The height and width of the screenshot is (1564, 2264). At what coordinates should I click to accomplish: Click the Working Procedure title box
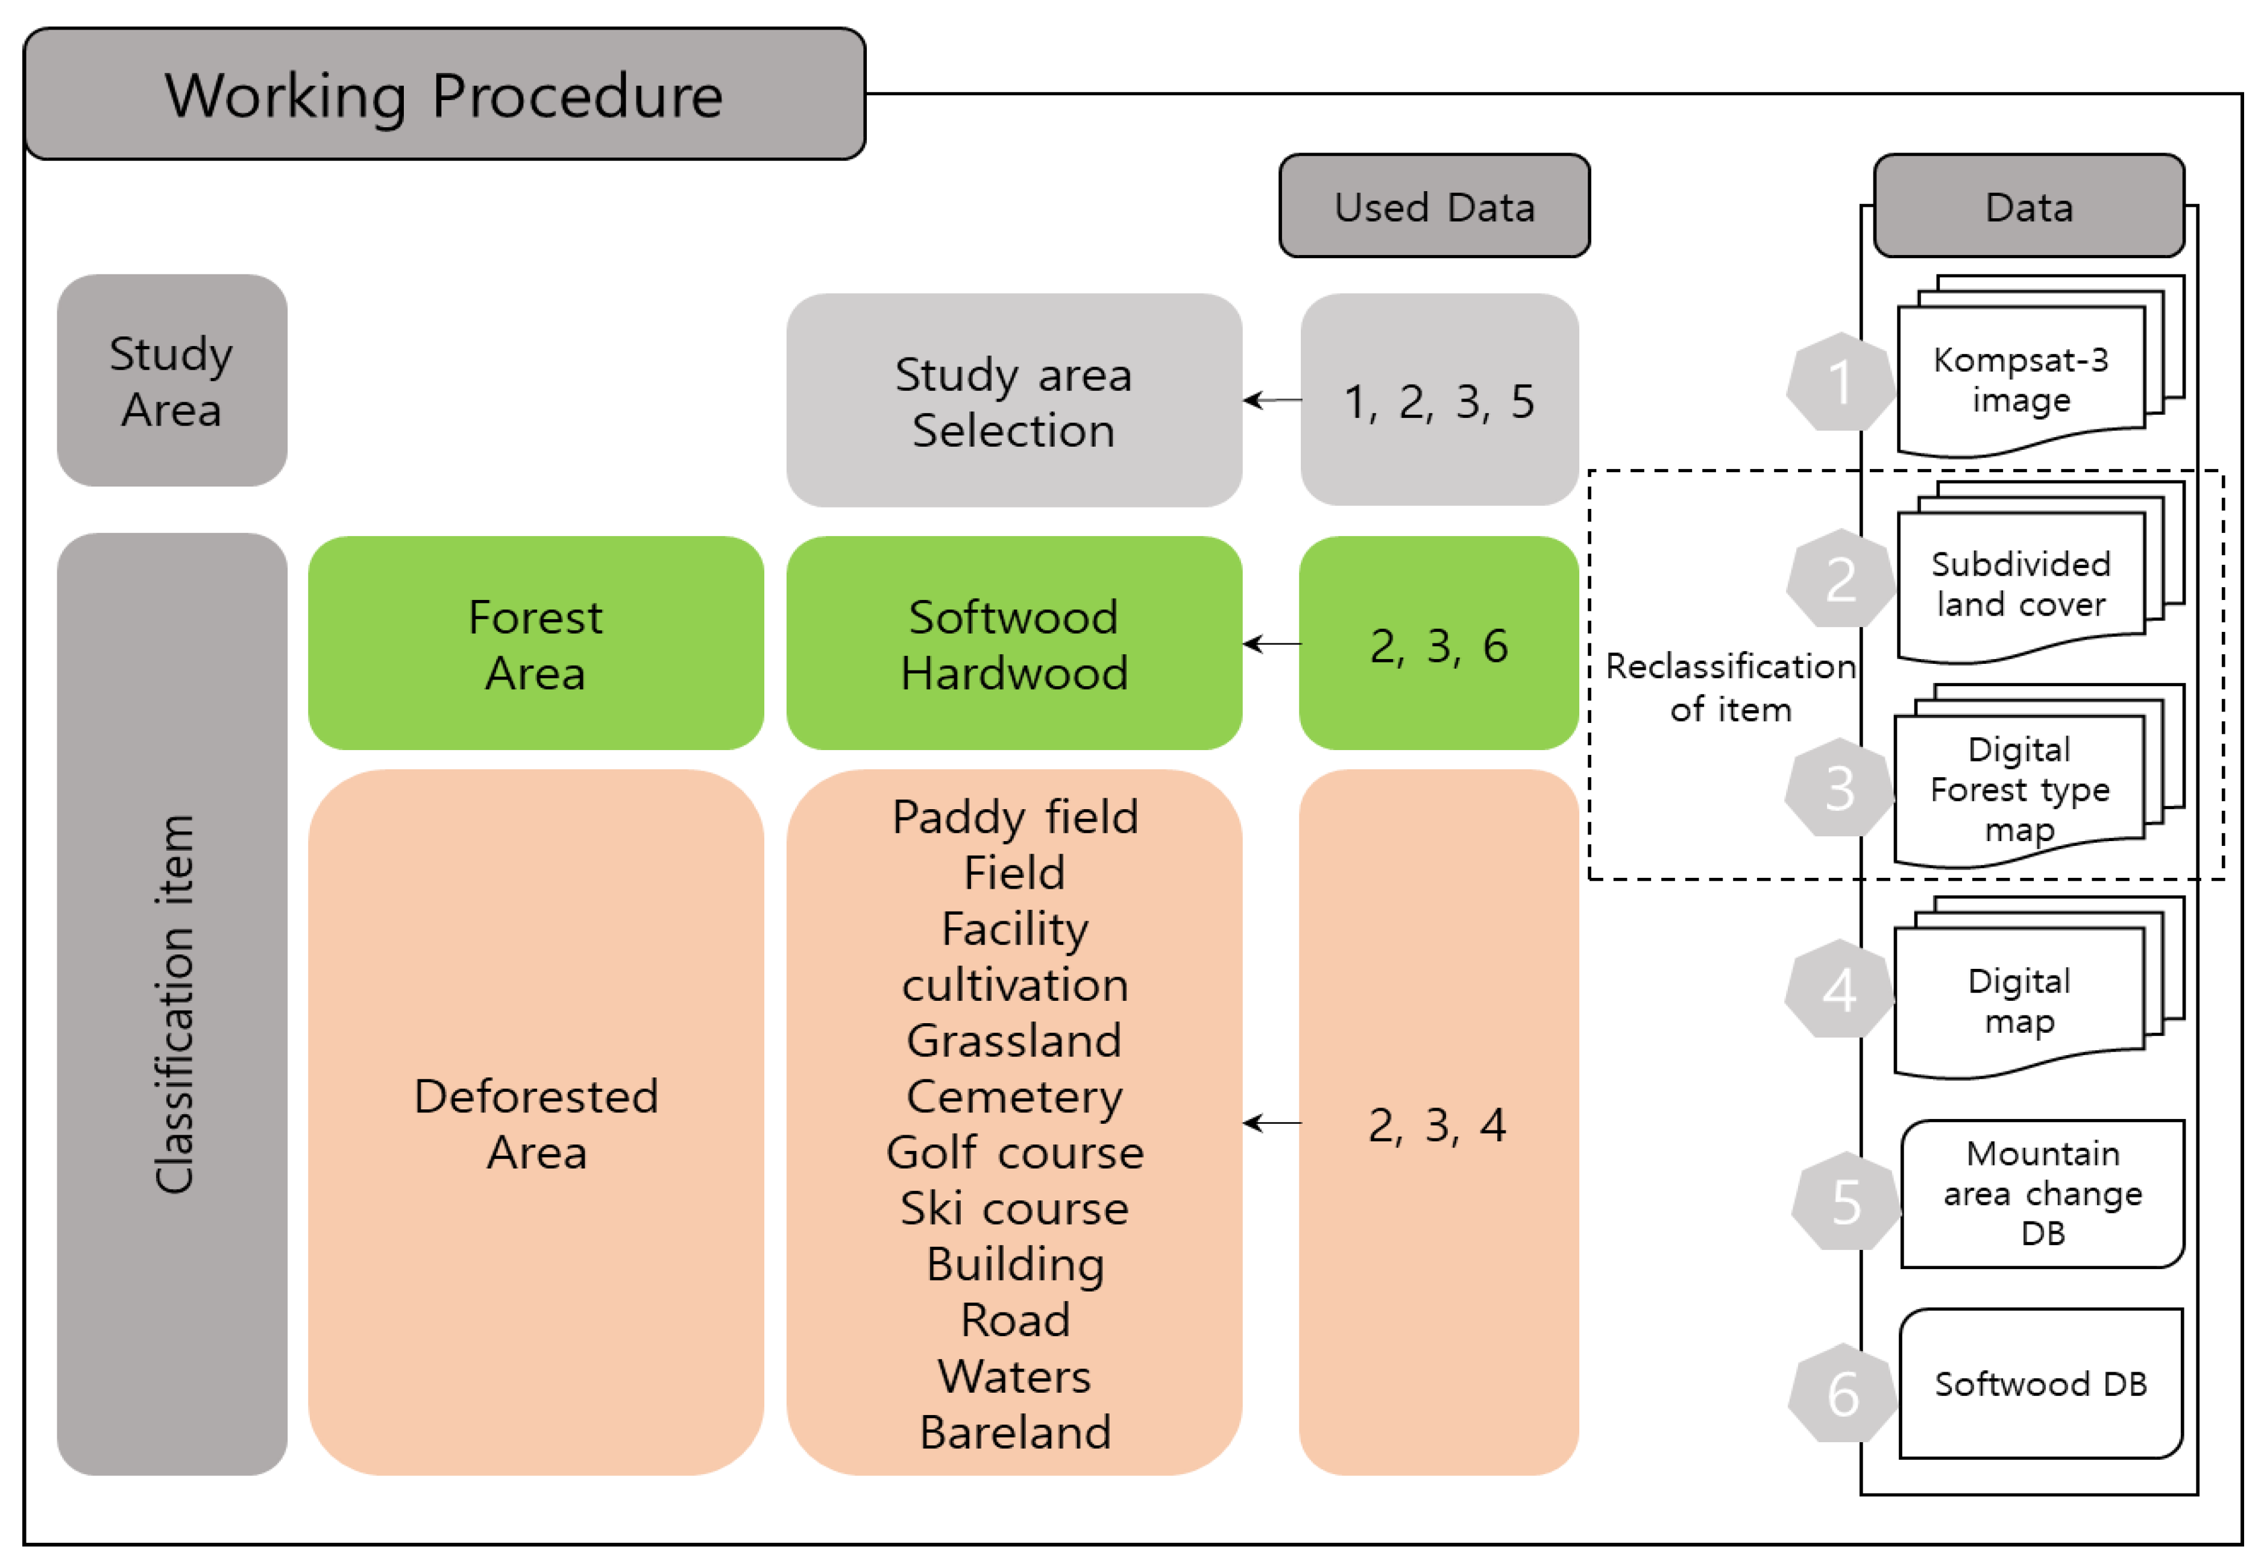pos(444,95)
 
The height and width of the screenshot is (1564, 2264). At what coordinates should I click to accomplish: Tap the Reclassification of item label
pos(1729,687)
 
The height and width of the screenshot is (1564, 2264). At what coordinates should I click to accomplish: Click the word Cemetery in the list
pos(1014,1096)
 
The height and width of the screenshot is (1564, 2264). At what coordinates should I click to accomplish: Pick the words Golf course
pos(1014,1152)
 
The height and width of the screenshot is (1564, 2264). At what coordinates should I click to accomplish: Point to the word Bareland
pos(1014,1432)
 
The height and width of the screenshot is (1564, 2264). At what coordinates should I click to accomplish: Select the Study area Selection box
pos(1013,401)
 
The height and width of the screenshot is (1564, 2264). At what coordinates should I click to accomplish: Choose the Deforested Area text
pos(535,1123)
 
